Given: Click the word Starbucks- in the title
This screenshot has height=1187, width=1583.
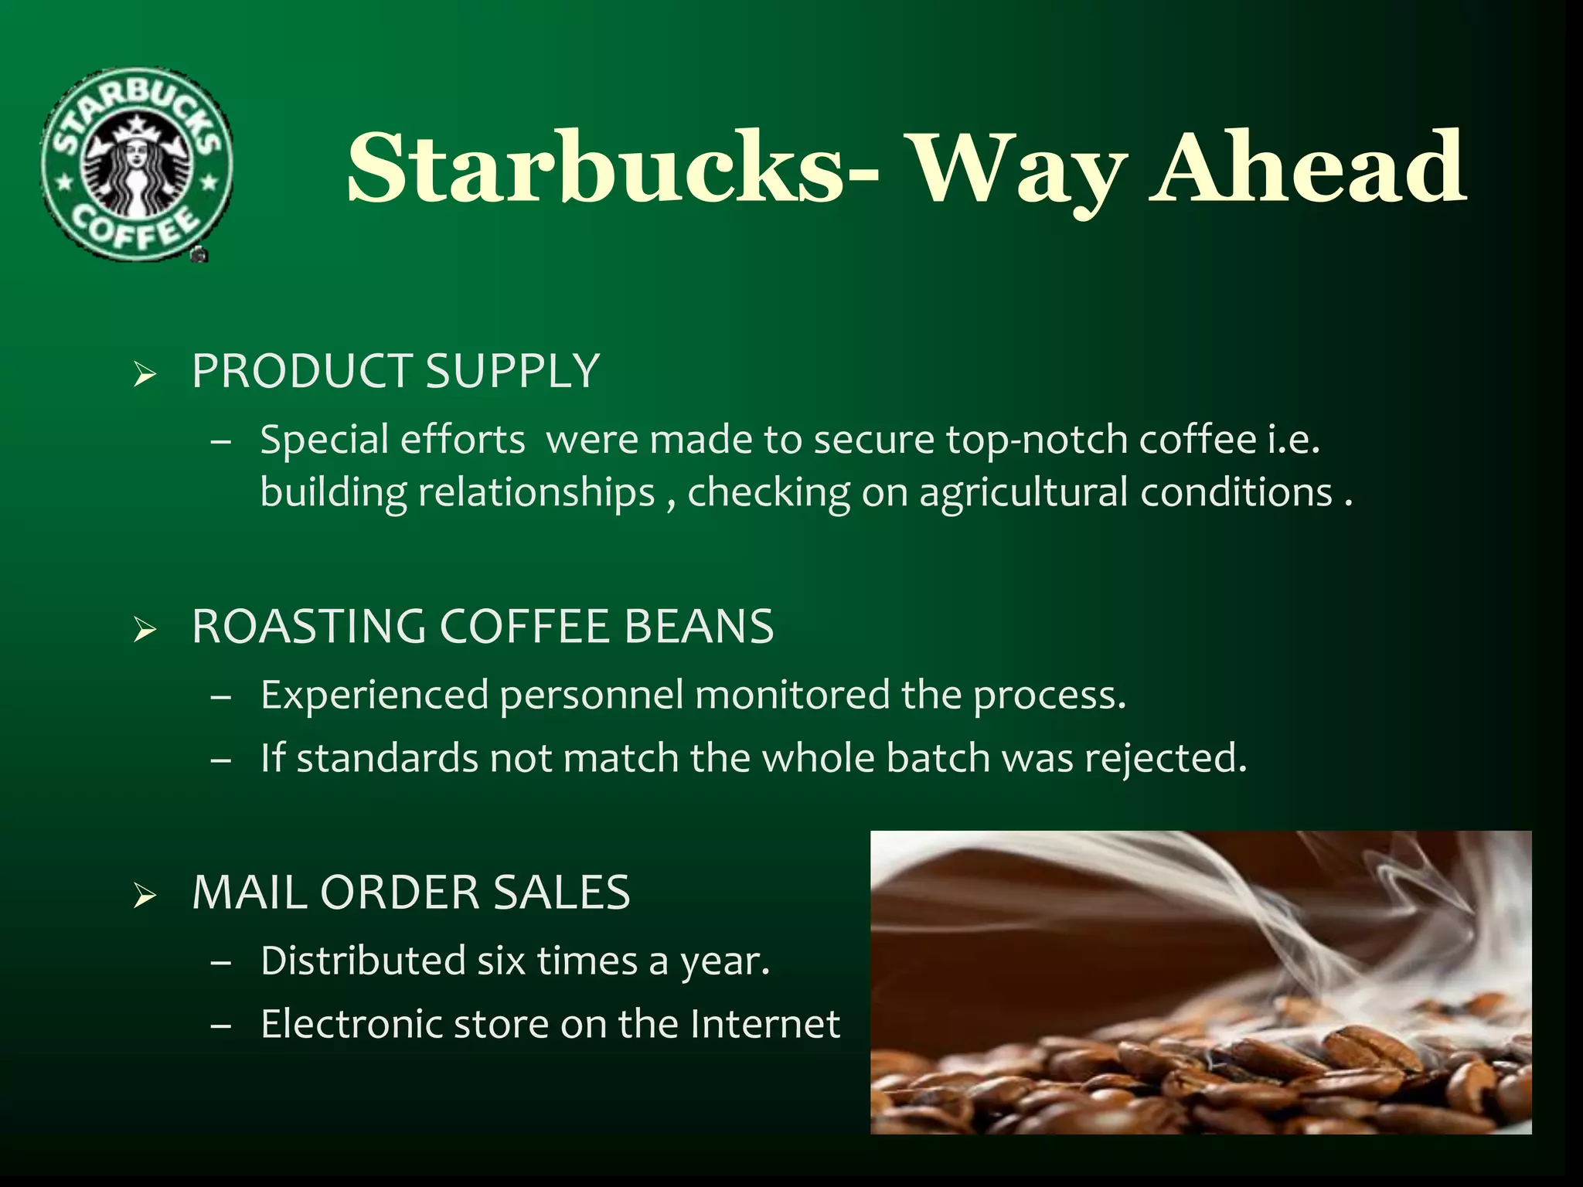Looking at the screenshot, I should coord(611,168).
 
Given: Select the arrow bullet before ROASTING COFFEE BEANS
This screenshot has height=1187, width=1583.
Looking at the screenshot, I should coord(145,631).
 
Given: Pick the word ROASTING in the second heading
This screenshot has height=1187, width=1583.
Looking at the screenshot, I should coord(308,626).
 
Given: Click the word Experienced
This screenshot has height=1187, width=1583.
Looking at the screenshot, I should coord(374,695).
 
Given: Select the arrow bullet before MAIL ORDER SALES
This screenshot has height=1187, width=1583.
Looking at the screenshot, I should coord(145,897).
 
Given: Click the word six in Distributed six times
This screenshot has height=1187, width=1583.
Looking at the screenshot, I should coord(501,961).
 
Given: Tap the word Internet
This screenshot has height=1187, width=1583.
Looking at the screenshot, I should coord(764,1025).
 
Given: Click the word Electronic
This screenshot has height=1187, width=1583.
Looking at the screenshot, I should coord(351,1025).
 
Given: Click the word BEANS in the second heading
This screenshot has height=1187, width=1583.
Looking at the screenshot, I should coord(698,626).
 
